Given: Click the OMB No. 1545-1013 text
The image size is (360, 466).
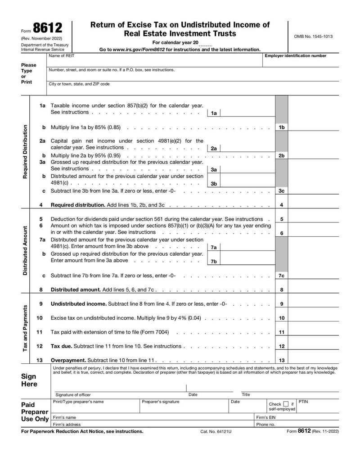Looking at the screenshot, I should point(313,36).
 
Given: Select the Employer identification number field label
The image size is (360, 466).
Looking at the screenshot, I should point(295,56).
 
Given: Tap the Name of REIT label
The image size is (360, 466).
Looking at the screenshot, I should point(62,56).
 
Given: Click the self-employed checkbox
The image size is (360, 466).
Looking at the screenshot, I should point(286,404).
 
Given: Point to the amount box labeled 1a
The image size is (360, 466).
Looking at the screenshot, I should point(247,113).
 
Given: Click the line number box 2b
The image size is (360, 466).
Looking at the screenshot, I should point(281,155).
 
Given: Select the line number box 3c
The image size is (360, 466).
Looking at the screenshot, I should point(281,191).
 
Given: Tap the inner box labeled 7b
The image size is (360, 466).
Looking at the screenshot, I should point(214,261).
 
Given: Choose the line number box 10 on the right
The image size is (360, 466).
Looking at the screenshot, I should point(281,318).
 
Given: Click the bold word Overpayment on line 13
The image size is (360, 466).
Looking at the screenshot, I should point(68,361).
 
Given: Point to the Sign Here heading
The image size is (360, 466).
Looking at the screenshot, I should point(29,380).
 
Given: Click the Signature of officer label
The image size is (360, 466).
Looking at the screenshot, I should point(73,394).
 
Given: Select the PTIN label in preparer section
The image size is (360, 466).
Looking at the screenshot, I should point(303,401).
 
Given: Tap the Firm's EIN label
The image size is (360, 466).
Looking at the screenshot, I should point(265,417).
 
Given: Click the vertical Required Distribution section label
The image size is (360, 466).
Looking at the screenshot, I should point(26,151).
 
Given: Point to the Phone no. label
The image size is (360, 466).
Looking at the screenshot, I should point(265,424).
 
